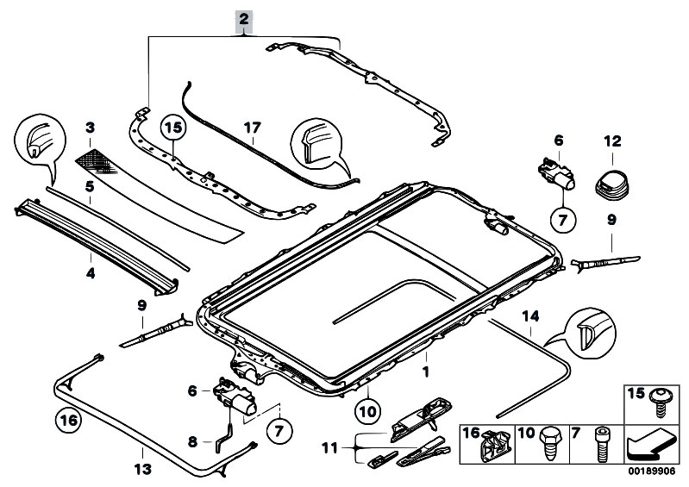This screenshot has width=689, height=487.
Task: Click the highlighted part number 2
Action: [x=245, y=19]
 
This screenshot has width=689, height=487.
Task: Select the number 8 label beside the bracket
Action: [x=192, y=442]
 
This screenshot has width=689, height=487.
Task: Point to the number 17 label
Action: [x=252, y=127]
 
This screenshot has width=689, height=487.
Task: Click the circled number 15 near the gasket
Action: [x=174, y=128]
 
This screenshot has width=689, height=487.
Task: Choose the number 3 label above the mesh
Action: [x=89, y=128]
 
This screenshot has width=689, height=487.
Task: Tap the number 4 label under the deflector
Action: [x=90, y=273]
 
